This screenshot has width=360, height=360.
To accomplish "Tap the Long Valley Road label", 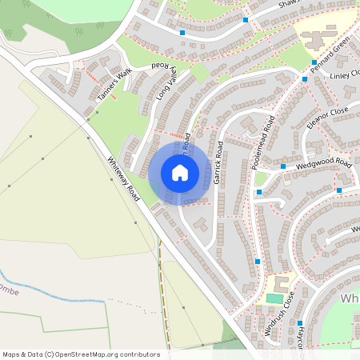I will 169,82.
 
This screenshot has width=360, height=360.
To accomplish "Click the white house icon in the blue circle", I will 180,173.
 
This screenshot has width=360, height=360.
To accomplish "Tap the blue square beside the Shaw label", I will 246,19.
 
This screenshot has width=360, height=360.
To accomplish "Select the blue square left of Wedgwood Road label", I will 283,166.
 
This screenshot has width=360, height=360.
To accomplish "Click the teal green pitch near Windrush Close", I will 274,298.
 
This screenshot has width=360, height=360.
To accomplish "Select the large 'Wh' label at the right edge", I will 350,298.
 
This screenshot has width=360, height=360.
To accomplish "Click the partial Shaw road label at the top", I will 289,5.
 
